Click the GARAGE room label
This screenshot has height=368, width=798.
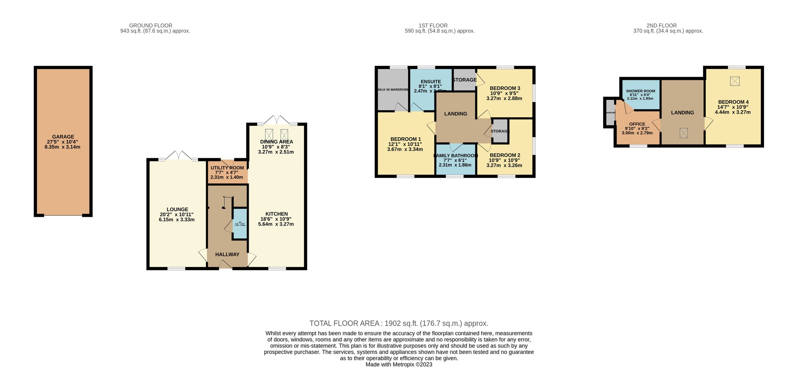click(63, 137)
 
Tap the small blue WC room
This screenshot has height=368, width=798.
click(240, 224)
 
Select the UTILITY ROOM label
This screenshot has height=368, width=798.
click(227, 168)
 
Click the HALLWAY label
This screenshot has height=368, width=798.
click(227, 254)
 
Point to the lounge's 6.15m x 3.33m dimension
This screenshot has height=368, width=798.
click(177, 220)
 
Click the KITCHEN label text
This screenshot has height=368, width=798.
click(276, 214)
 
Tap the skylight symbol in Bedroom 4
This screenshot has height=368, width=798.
click(734, 81)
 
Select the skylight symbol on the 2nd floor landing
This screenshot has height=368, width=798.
click(683, 133)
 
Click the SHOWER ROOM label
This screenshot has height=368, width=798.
click(640, 91)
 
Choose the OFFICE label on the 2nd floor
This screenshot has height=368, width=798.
click(637, 124)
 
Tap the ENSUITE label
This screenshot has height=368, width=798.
click(431, 82)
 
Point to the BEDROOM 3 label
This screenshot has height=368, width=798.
click(505, 88)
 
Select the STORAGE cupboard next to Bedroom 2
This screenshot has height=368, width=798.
click(500, 131)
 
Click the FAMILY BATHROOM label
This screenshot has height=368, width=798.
click(456, 156)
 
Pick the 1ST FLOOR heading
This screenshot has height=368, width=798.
click(433, 26)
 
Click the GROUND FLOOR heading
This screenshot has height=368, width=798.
click(151, 26)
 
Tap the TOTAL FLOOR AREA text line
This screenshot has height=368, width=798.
click(399, 323)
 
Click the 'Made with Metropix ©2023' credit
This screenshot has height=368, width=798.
click(399, 364)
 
